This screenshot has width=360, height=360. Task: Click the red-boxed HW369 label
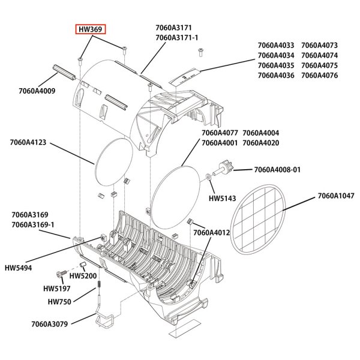pos(91,29)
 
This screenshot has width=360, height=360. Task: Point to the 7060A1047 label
pos(335,196)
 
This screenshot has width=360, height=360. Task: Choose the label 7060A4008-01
pos(277,170)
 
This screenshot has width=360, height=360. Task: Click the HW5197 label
pos(57,289)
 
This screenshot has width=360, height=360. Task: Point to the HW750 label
pos(59,302)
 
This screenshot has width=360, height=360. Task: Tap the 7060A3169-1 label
pos(33,224)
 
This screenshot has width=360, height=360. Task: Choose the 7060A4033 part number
pos(276,44)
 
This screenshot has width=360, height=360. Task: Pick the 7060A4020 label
pos(261,143)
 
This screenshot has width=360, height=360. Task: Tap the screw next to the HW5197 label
pos(61,274)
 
